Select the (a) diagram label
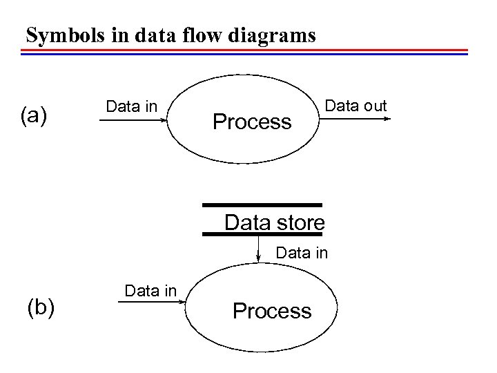coord(34,115)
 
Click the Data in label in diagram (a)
coord(131,106)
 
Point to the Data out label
coord(355,106)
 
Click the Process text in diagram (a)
coord(252,122)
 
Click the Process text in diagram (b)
coord(272,312)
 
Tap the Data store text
coord(274,223)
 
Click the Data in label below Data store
coord(302,253)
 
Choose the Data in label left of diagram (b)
coord(150,291)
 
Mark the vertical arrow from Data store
coord(257,248)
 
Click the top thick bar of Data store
coord(262,205)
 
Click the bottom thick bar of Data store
coord(262,234)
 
